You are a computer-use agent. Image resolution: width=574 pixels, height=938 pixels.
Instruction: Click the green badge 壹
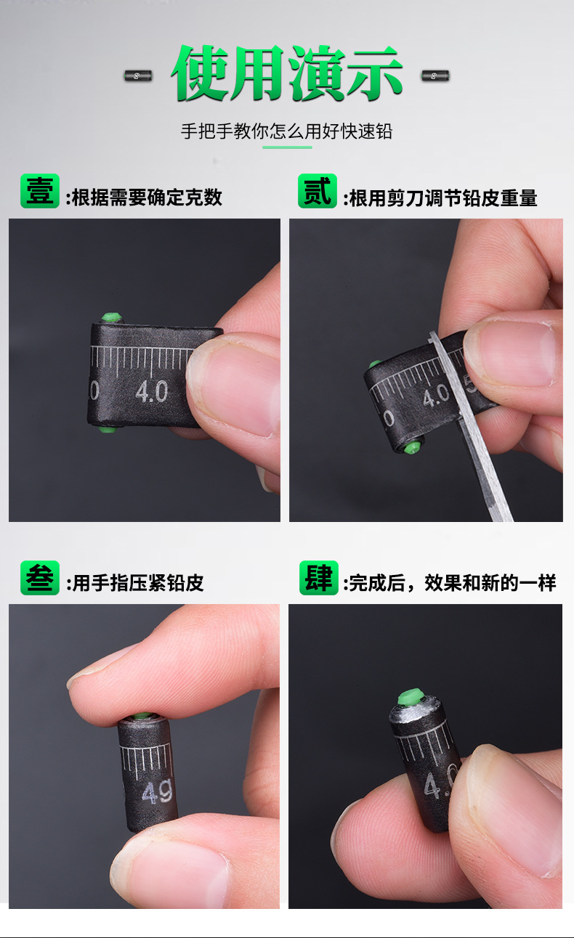[40, 191]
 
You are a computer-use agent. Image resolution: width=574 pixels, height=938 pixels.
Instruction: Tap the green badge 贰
[318, 191]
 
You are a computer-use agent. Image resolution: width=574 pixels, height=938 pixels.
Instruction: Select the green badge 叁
[40, 577]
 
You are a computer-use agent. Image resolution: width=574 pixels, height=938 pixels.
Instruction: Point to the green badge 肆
[319, 577]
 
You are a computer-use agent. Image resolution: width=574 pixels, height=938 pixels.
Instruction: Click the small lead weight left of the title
[138, 76]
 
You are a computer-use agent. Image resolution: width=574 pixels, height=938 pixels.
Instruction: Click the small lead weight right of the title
[435, 76]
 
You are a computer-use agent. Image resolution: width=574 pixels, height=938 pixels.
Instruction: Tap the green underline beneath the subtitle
[288, 147]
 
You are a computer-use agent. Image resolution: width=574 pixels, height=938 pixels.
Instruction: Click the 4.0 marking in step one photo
[151, 392]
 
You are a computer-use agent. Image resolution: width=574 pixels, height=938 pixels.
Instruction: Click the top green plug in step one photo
[111, 317]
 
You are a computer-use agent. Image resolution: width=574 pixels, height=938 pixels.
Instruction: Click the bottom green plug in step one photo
[108, 428]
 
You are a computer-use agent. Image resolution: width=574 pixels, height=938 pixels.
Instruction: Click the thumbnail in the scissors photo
[513, 354]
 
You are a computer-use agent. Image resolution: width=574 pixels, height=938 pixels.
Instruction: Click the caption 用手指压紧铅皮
[138, 583]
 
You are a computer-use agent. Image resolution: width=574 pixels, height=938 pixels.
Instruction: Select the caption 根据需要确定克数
[147, 197]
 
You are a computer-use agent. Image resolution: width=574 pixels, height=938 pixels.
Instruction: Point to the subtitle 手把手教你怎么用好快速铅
[286, 131]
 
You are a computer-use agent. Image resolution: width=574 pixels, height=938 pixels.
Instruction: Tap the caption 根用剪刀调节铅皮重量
[443, 198]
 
